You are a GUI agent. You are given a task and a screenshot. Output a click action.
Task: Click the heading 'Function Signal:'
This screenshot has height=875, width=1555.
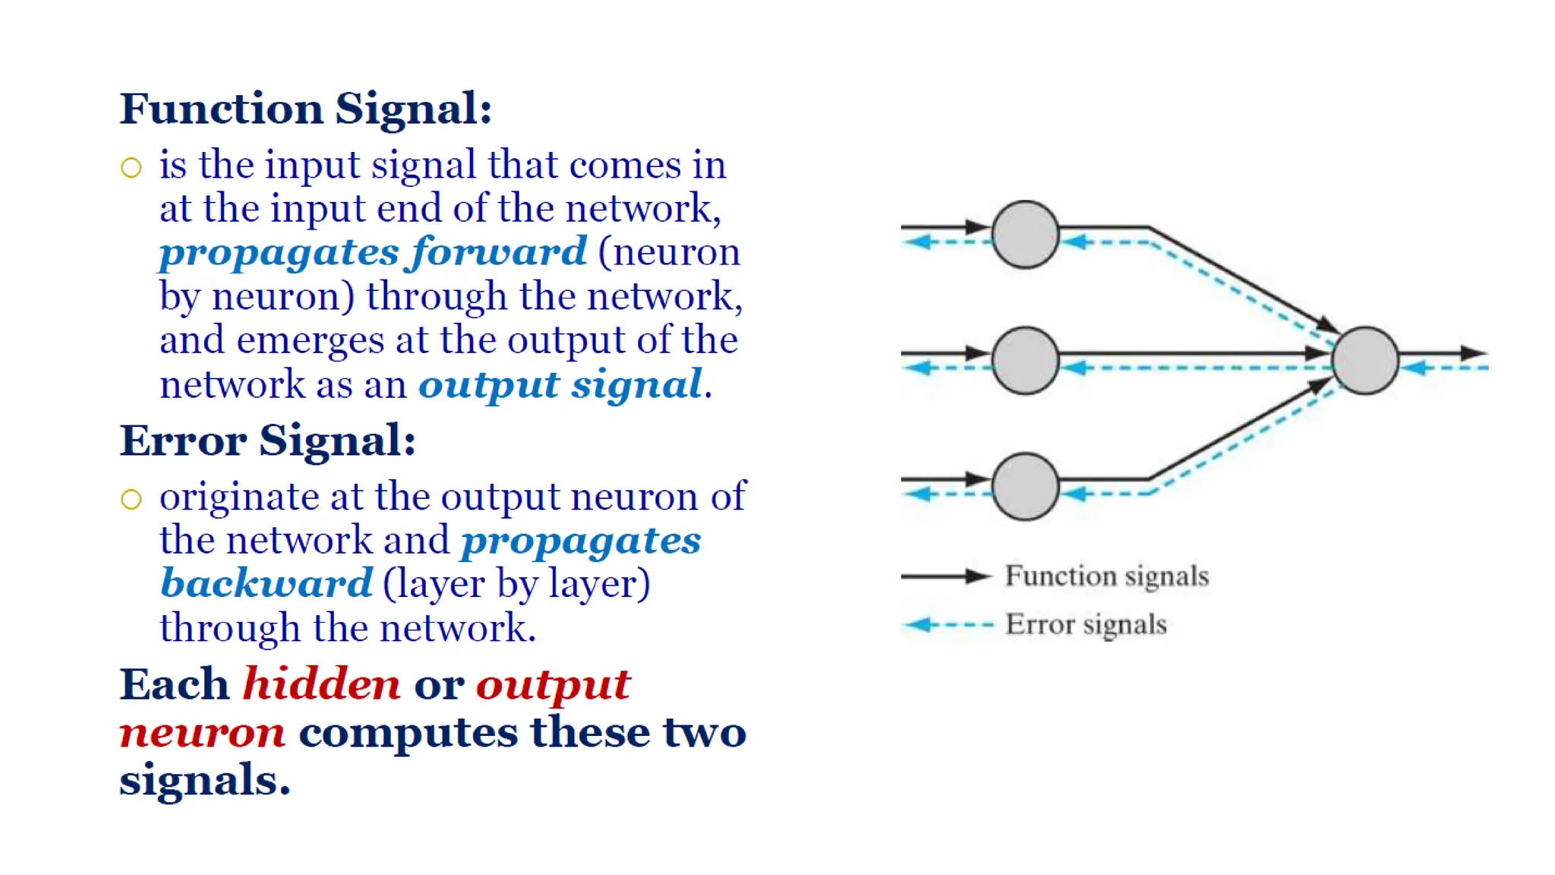click(x=305, y=109)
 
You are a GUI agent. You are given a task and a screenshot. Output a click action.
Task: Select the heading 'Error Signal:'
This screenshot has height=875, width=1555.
click(x=267, y=441)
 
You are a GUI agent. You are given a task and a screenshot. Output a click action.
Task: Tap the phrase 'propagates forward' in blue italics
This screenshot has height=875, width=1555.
click(x=372, y=251)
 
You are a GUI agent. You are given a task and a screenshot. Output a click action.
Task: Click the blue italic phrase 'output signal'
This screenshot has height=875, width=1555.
click(x=560, y=384)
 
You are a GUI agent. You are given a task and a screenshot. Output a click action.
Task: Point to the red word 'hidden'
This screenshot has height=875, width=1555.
click(x=321, y=684)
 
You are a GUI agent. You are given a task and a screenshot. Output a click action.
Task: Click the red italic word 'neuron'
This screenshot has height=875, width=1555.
click(x=202, y=732)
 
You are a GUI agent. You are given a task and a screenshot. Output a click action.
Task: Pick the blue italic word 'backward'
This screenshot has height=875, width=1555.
click(x=267, y=583)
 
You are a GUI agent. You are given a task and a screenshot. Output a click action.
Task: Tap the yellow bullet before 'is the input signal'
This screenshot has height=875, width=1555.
click(x=131, y=167)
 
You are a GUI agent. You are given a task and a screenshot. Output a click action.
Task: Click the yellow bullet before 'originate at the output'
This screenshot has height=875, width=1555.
click(x=131, y=499)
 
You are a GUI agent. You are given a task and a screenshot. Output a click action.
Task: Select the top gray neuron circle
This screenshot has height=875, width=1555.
click(x=1025, y=235)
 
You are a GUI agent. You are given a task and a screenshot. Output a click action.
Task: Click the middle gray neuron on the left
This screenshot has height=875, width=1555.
click(x=1025, y=361)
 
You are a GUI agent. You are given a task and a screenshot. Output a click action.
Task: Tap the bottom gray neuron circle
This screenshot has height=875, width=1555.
click(x=1025, y=487)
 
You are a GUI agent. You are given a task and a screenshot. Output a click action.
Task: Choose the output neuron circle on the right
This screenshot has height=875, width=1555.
click(x=1365, y=361)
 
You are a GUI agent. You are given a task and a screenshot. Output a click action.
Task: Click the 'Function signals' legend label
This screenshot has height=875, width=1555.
click(x=1106, y=576)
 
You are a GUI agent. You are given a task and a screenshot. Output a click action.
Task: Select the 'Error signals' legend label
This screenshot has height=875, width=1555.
click(x=1086, y=624)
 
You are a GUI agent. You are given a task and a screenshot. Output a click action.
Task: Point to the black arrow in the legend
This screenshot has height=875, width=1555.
click(x=945, y=576)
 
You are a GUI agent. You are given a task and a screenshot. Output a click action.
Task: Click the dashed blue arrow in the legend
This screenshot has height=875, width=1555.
click(x=948, y=625)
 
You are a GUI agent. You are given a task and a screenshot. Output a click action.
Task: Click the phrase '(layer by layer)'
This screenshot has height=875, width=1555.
click(x=516, y=583)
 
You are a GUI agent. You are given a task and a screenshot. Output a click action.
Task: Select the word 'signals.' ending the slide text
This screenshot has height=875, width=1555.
click(x=204, y=781)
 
